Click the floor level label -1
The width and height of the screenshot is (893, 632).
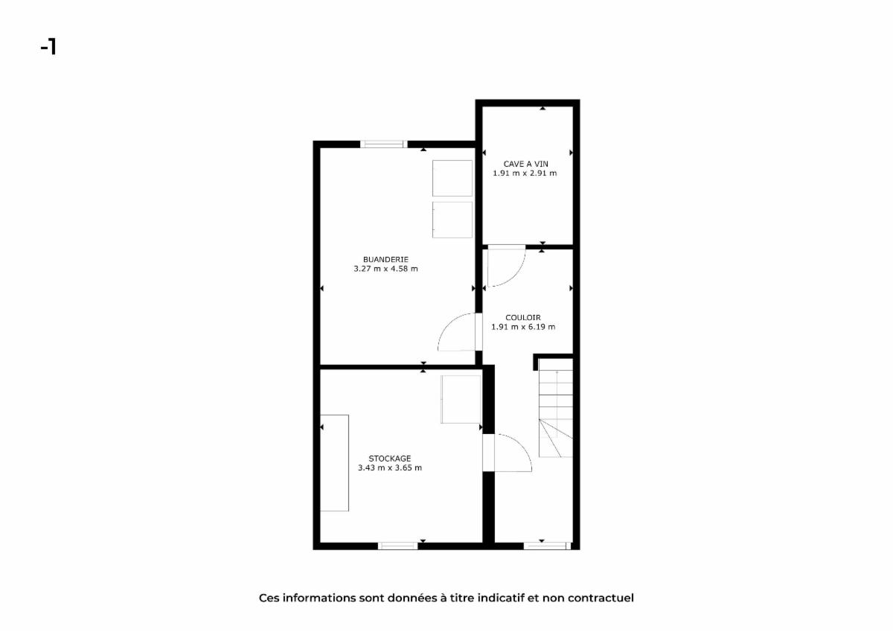pyautogui.click(x=48, y=47)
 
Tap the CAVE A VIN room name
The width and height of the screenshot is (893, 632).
pyautogui.click(x=525, y=164)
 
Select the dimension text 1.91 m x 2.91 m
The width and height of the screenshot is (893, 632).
pyautogui.click(x=525, y=173)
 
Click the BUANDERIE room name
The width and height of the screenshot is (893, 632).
pyautogui.click(x=385, y=260)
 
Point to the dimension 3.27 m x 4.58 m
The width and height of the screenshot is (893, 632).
pyautogui.click(x=385, y=269)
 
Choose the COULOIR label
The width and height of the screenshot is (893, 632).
pyautogui.click(x=523, y=318)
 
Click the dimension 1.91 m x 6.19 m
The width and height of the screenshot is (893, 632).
pyautogui.click(x=523, y=327)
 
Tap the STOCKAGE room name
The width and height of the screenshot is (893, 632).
pyautogui.click(x=389, y=459)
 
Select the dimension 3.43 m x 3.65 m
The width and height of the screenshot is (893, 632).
pyautogui.click(x=389, y=467)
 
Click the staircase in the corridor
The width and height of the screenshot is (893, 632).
pyautogui.click(x=556, y=413)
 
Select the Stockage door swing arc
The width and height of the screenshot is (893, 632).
pyautogui.click(x=523, y=446)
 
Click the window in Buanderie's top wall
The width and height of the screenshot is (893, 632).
pyautogui.click(x=384, y=144)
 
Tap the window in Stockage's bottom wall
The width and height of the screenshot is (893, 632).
pyautogui.click(x=397, y=546)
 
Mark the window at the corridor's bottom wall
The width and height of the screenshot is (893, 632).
pyautogui.click(x=547, y=546)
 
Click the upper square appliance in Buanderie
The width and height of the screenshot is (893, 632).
pyautogui.click(x=452, y=178)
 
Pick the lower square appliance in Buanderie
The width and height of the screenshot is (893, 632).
pyautogui.click(x=452, y=220)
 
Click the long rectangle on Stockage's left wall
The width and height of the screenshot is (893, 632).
pyautogui.click(x=334, y=463)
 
